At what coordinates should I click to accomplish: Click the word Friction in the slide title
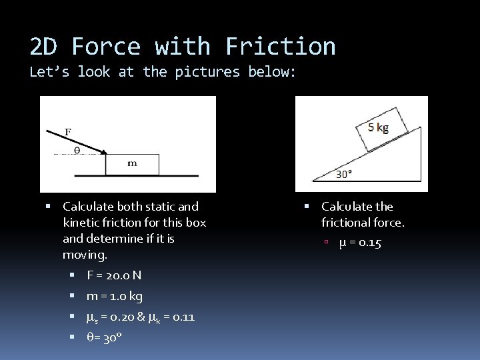281,47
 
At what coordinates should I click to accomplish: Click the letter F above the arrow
67,132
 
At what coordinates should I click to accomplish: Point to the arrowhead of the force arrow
104,151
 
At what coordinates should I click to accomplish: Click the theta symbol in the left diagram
76,151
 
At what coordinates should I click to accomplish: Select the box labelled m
132,164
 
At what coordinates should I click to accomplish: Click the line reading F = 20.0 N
114,275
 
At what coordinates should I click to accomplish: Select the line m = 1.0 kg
115,296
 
